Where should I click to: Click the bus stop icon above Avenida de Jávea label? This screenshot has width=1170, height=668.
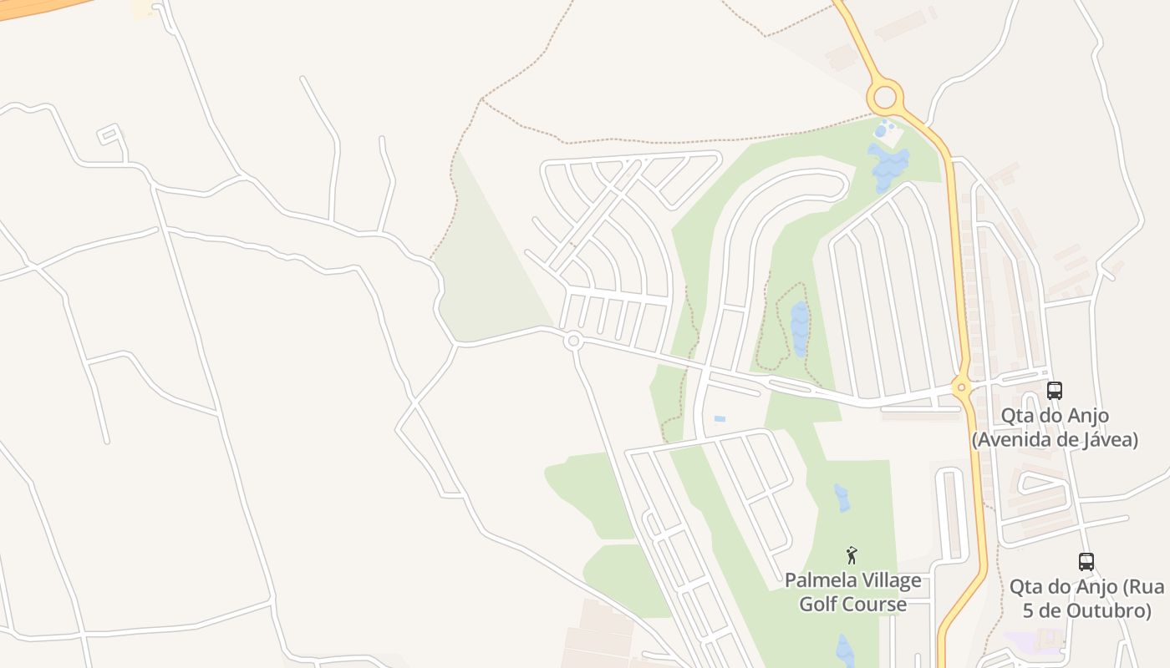coord(1055,390)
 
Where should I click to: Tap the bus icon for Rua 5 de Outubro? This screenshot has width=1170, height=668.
coord(1086,561)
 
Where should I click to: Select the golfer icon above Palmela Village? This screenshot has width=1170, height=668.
coord(852,555)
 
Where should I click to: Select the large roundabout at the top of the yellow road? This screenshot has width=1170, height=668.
coord(885,97)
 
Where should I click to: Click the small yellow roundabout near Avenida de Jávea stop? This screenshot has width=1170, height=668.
coord(961,387)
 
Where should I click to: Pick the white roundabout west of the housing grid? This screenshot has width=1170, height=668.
coord(573,341)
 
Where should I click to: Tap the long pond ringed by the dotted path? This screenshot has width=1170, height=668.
coord(800,329)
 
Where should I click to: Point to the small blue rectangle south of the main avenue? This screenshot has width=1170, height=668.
coord(720,418)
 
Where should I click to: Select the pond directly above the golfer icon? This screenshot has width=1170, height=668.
coord(842,498)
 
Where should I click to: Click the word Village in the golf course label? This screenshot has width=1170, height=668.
coord(891,580)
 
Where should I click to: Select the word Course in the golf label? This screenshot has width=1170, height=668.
coord(877,604)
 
